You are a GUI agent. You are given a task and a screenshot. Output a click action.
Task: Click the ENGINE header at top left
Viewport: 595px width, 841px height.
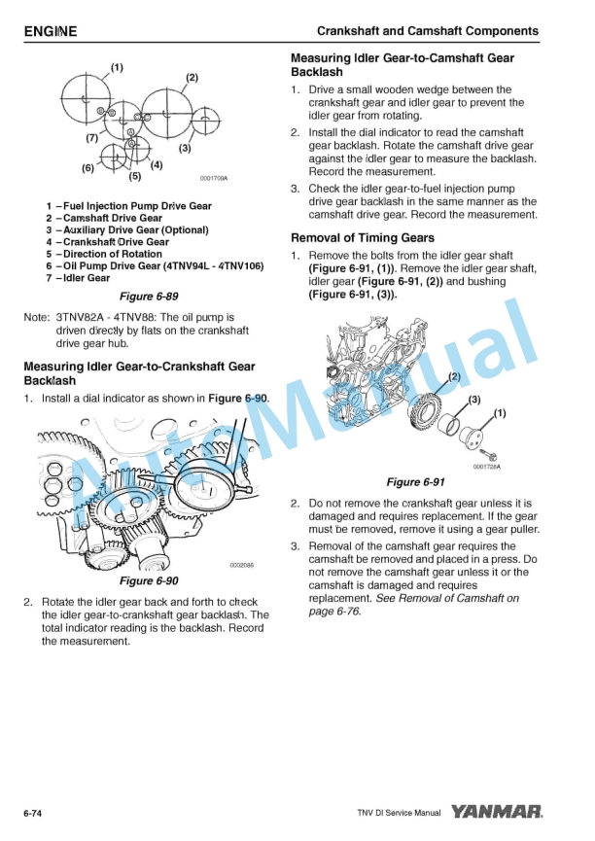(51, 32)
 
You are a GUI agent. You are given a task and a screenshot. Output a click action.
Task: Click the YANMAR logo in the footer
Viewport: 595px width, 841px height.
(496, 812)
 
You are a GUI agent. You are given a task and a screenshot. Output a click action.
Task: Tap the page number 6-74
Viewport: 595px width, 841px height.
(33, 814)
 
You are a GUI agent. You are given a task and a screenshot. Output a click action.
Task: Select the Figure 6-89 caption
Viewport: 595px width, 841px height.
(149, 297)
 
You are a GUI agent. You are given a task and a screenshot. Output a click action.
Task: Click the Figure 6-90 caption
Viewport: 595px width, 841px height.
(149, 580)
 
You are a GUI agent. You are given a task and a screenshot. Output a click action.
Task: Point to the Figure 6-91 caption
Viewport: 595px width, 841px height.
(416, 482)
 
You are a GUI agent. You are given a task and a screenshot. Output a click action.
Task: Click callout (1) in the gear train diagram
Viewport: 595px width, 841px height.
(117, 68)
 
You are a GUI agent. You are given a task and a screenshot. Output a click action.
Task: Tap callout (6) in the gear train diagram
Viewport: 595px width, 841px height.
(88, 168)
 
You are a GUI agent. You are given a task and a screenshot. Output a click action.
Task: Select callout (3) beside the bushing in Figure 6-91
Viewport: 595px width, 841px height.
(474, 400)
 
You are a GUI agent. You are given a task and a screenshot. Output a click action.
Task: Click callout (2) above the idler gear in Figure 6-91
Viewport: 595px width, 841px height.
(454, 376)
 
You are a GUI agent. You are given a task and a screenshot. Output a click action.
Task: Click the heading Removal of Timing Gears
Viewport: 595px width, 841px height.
(363, 237)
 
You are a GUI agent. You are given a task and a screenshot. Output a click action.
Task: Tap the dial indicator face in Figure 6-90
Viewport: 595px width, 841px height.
(206, 486)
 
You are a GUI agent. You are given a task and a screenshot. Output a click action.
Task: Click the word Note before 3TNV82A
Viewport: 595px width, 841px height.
(36, 318)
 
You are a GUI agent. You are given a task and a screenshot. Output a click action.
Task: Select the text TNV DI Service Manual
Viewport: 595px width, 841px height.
(399, 813)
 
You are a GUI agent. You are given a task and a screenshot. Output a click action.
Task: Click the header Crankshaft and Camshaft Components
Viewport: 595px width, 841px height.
(428, 31)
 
